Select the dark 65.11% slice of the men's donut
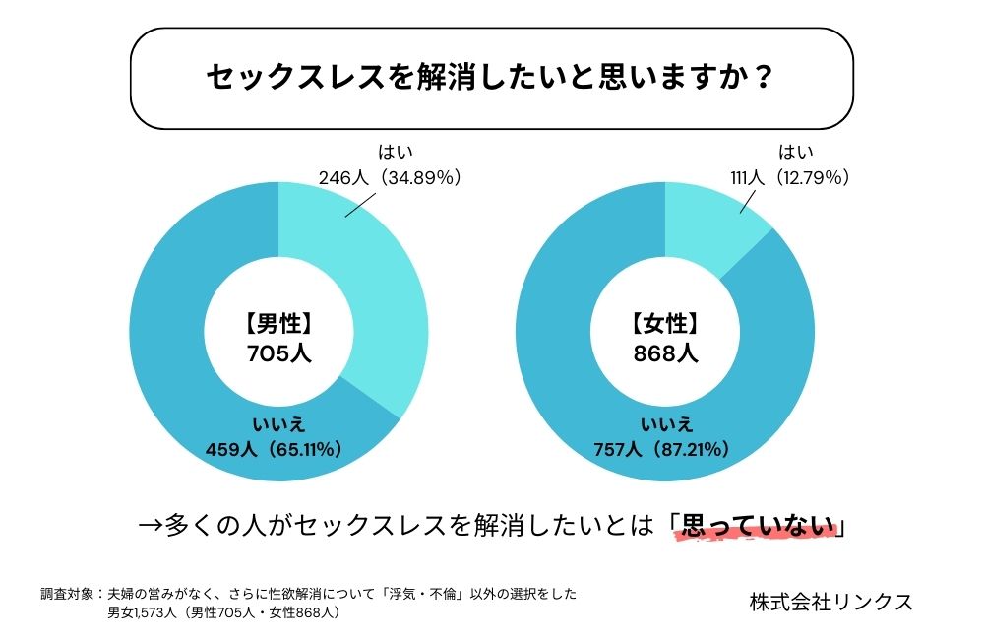[187, 374]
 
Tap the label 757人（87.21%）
[660, 450]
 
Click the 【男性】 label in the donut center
[278, 324]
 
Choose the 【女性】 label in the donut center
[666, 324]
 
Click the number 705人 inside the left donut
[278, 353]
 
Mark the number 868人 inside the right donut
[666, 353]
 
